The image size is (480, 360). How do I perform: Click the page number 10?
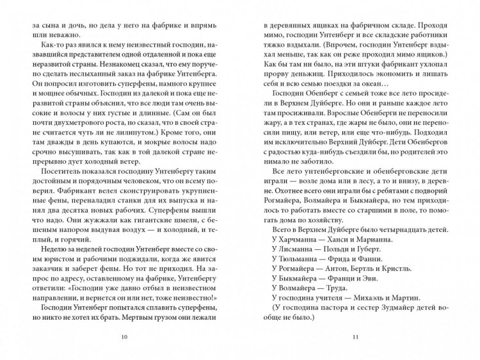point(124,337)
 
